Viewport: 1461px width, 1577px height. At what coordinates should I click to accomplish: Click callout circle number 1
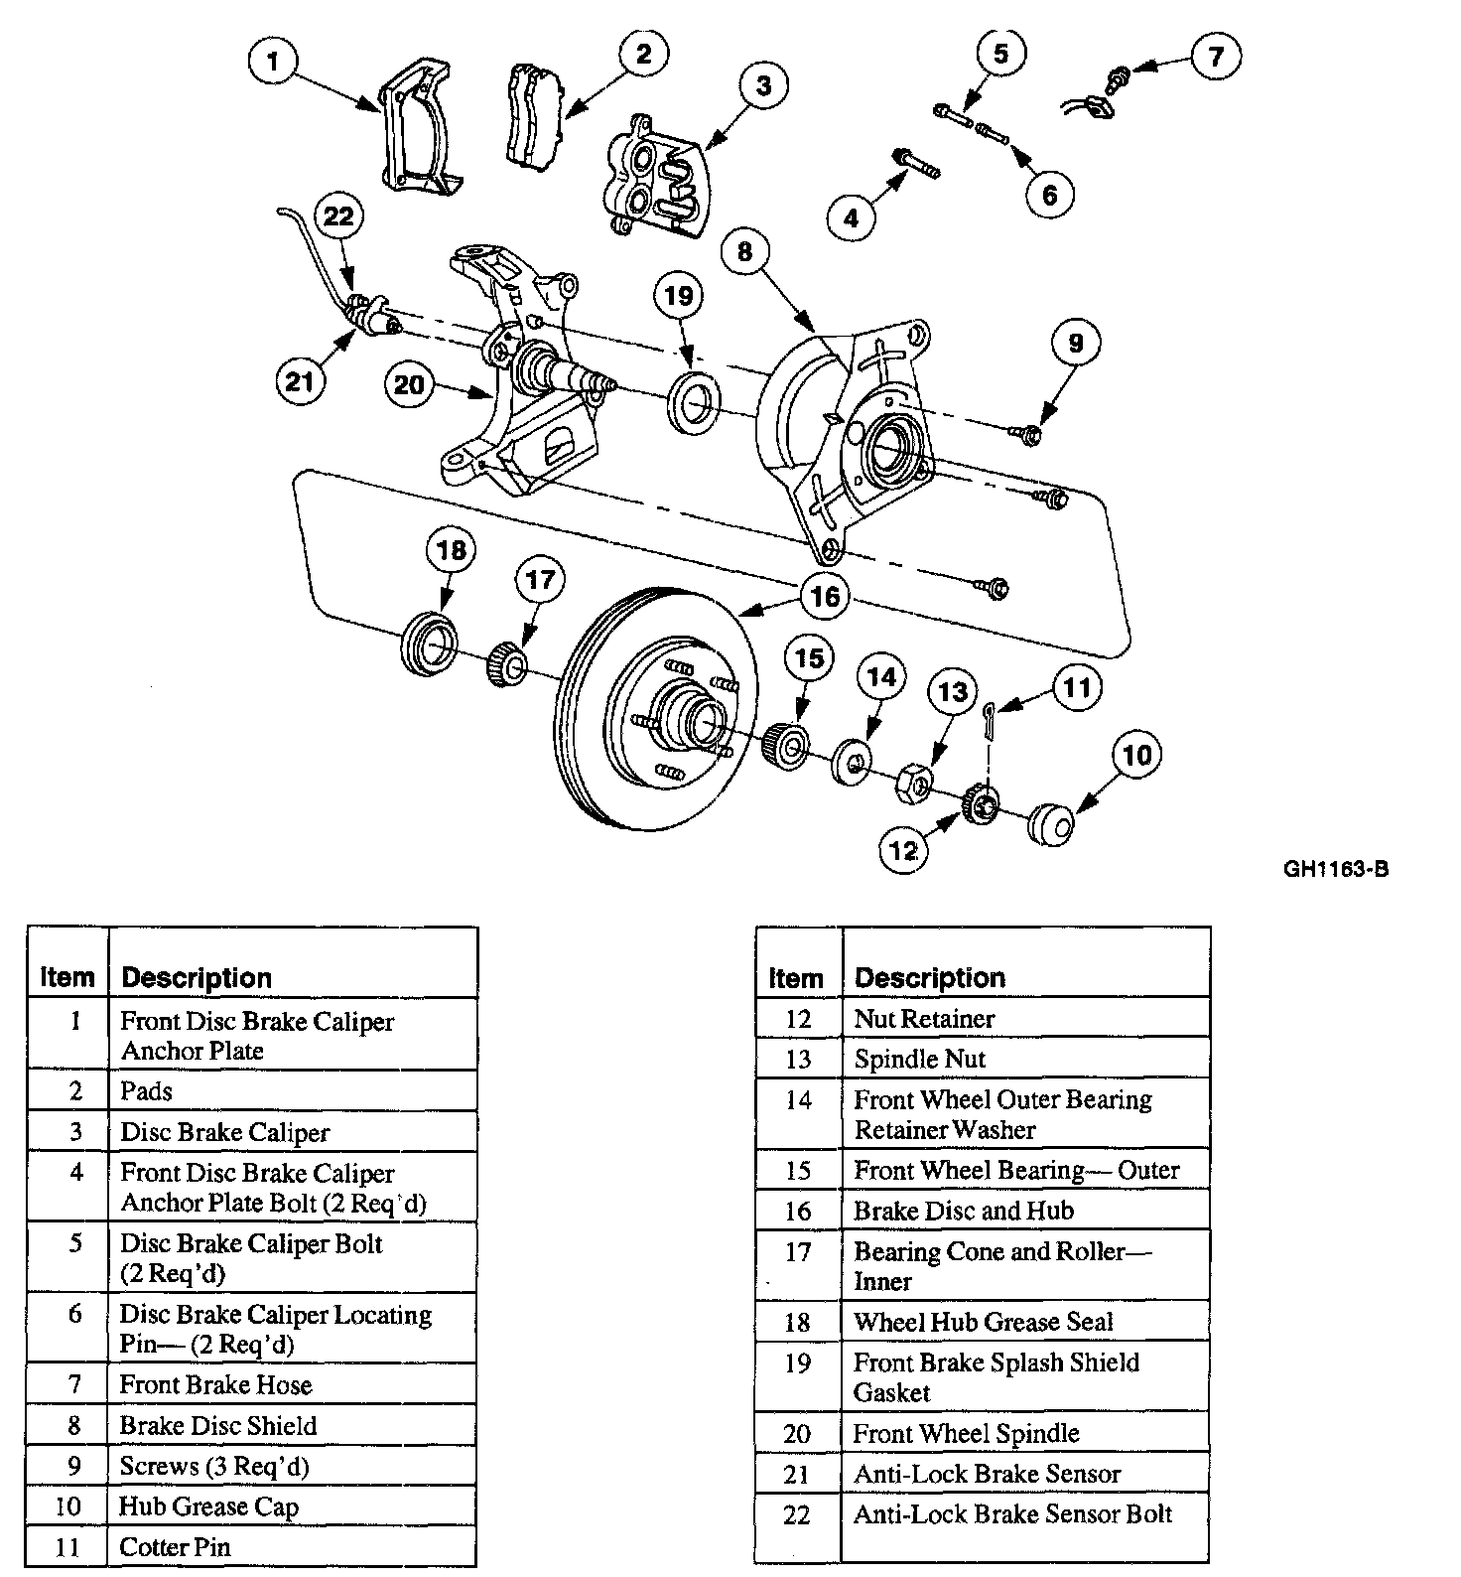click(273, 64)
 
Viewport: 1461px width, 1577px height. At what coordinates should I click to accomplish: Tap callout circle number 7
click(1215, 56)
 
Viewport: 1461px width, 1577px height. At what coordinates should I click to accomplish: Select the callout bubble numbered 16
click(825, 596)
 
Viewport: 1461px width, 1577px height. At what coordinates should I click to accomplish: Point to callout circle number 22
click(339, 217)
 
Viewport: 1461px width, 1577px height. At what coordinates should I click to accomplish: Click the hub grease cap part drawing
click(1051, 824)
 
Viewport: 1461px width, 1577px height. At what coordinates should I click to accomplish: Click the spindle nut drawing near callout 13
click(914, 785)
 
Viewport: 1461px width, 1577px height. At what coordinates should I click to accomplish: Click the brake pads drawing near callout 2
click(535, 114)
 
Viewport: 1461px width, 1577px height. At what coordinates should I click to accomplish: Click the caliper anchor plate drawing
click(415, 129)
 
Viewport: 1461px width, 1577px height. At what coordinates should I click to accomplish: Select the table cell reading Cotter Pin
click(175, 1547)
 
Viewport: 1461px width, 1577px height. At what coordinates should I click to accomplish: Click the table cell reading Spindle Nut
click(920, 1059)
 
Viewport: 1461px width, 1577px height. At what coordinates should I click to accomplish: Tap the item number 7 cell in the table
click(75, 1384)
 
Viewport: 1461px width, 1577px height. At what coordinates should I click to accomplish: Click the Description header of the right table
click(929, 978)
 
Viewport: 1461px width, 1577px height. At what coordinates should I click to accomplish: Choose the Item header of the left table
click(67, 978)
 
